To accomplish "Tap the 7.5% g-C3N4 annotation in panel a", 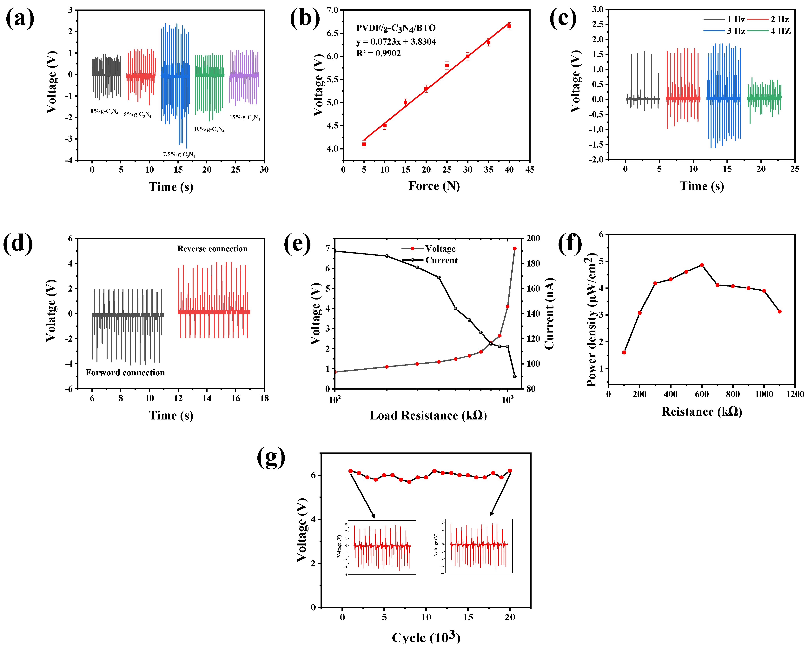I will (179, 154).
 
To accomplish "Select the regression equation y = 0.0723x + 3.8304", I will (396, 42).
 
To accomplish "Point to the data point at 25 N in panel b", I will (447, 66).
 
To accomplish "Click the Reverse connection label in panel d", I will (212, 249).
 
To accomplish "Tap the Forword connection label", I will (125, 372).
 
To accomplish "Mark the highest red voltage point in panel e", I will (514, 248).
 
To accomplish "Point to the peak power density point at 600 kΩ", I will (702, 265).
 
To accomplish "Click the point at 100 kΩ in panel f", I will (624, 352).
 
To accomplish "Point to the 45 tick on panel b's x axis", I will (530, 170).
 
